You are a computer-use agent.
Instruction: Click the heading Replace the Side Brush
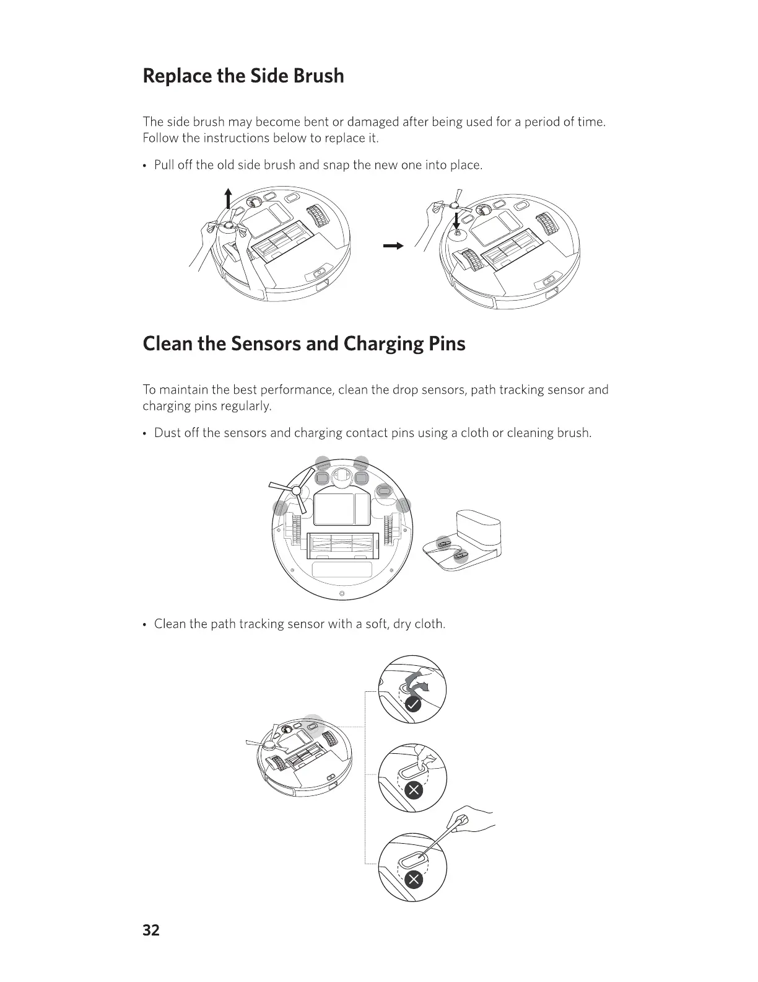coord(243,76)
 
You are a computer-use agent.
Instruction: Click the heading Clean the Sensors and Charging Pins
coord(303,343)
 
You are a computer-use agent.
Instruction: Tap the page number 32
coord(151,930)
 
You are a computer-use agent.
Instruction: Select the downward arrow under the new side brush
coord(456,220)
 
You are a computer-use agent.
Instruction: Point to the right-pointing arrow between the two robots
coord(393,246)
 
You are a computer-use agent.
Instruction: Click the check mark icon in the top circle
coord(413,704)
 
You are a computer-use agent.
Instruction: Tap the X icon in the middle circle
coord(413,790)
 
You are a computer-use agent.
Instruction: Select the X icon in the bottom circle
coord(413,879)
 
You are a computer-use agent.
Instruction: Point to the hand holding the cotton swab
coord(474,821)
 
